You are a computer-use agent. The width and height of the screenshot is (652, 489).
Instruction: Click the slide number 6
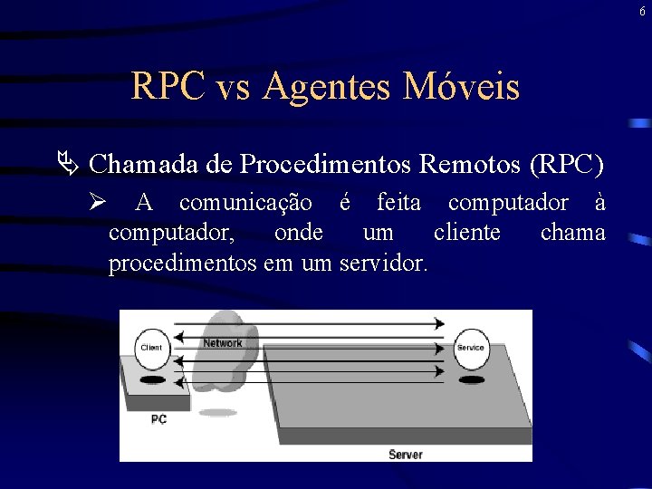click(x=642, y=12)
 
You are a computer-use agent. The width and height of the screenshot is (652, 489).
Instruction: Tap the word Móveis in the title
click(x=463, y=87)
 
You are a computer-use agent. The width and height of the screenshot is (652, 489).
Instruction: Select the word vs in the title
click(x=237, y=88)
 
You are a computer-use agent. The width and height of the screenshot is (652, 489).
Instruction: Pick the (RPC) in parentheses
click(x=567, y=164)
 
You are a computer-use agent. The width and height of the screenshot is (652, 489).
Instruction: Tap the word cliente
click(x=467, y=233)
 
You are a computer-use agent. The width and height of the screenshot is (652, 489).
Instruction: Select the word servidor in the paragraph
click(x=383, y=264)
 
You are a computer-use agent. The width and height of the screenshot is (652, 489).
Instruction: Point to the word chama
click(x=572, y=233)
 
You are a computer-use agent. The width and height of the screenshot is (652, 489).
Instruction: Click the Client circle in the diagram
click(x=152, y=348)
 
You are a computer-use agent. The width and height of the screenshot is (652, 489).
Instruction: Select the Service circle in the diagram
click(x=471, y=347)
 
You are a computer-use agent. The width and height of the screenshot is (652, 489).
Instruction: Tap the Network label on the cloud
click(x=223, y=343)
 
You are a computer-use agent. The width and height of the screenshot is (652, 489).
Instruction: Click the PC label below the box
click(x=158, y=419)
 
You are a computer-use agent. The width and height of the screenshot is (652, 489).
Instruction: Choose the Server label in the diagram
click(x=405, y=454)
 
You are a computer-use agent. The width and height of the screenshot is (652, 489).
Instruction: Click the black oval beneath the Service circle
click(x=471, y=380)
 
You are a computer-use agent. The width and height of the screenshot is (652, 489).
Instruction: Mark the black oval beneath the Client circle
click(x=153, y=380)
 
